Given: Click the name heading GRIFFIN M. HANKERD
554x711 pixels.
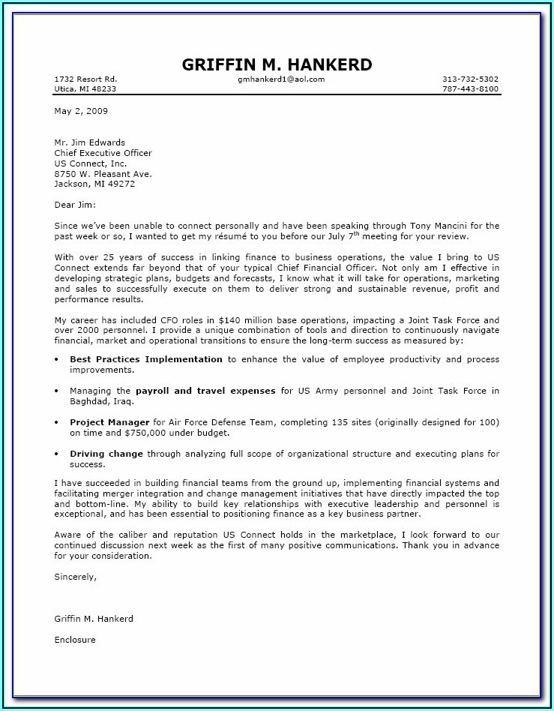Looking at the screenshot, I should coord(277,64).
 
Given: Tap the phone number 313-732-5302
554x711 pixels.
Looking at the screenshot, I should coord(470,79).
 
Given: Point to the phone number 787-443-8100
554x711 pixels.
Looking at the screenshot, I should coord(470,88).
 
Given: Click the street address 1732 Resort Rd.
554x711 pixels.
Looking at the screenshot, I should coord(85,79).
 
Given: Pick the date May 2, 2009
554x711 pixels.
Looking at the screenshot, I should coord(81,111).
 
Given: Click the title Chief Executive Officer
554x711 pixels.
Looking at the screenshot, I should coord(103,153).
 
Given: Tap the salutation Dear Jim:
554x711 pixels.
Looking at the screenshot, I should coord(75,204).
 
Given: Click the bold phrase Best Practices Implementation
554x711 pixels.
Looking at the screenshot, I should coord(146,359).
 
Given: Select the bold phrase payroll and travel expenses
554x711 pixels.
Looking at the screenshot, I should coord(205,391).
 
